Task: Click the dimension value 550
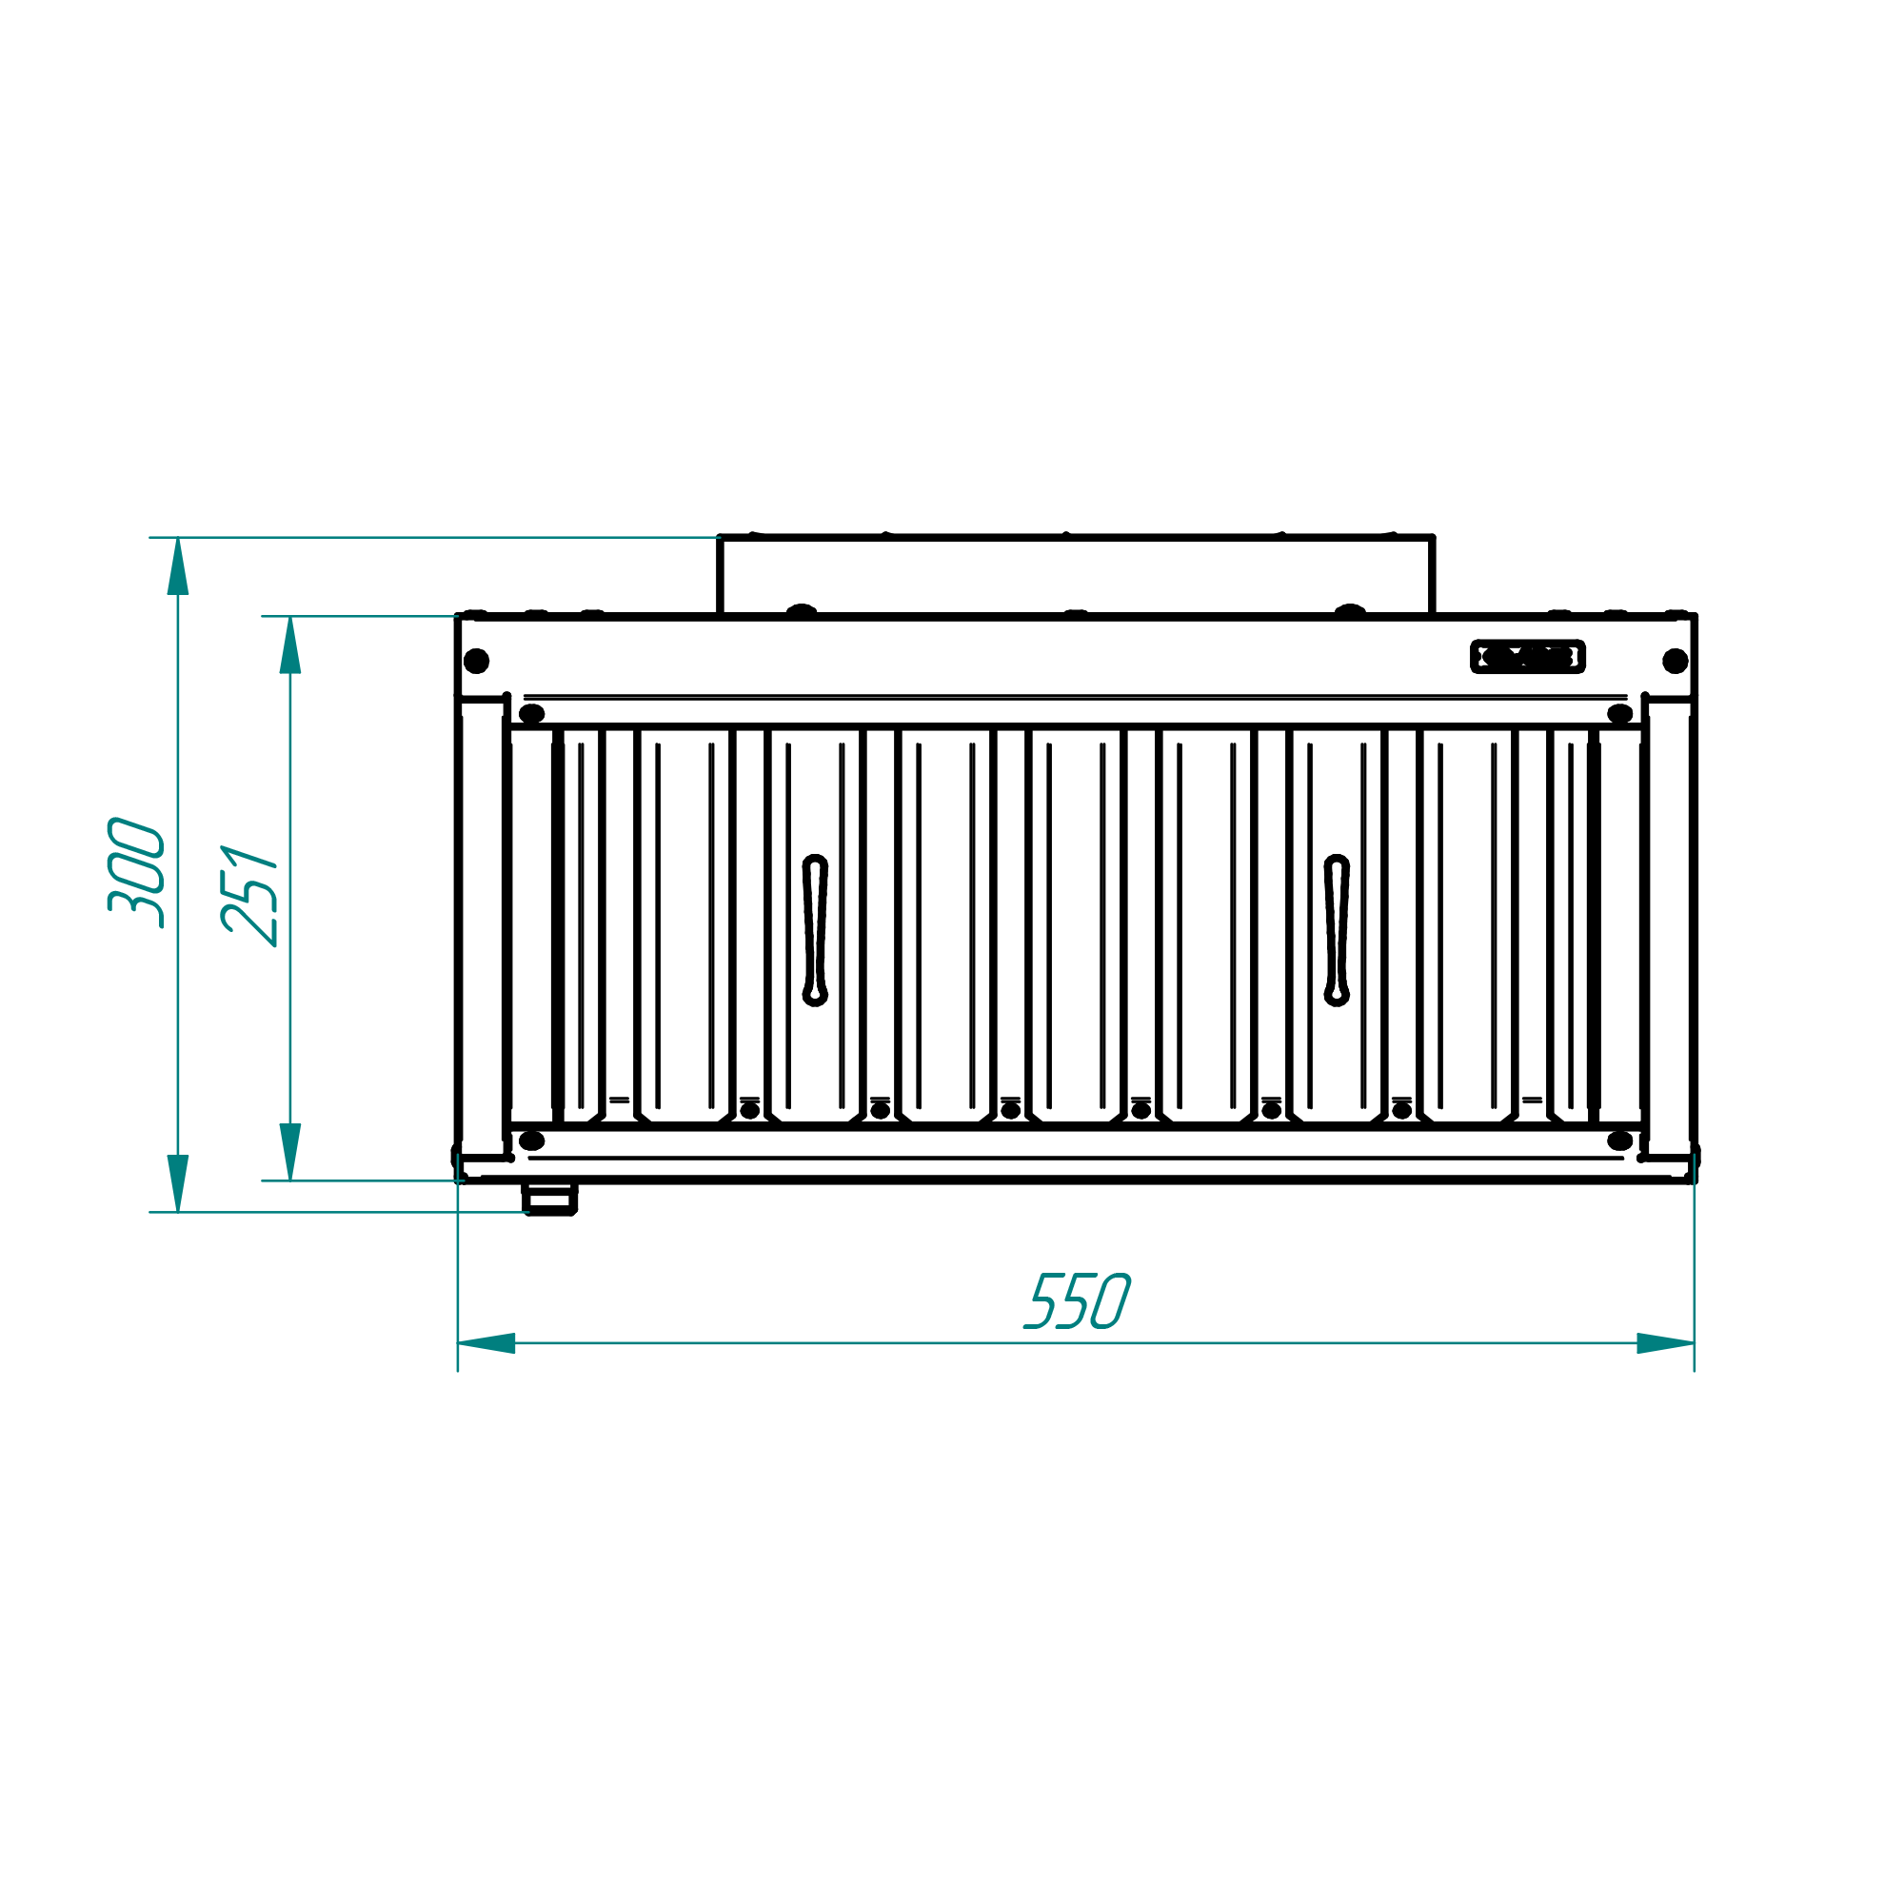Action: [x=1077, y=1300]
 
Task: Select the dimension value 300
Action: [x=136, y=872]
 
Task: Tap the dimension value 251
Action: [x=248, y=896]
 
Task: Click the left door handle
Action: [x=815, y=929]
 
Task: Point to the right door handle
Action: [x=1337, y=929]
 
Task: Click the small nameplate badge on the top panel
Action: [x=1528, y=656]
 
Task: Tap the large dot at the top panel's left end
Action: [x=476, y=661]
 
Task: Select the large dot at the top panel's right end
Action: [x=1676, y=661]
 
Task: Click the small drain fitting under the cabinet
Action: [x=550, y=1200]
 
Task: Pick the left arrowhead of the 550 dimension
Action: [x=486, y=1343]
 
